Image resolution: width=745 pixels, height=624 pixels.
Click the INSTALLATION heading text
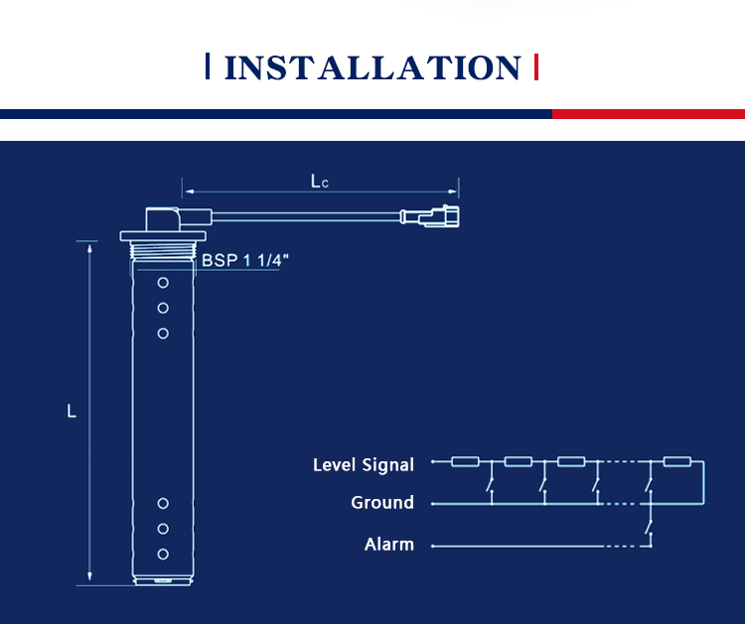372,67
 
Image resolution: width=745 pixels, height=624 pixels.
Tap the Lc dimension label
319,182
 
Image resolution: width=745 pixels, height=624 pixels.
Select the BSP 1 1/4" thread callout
245,260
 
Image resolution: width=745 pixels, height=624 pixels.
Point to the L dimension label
72,411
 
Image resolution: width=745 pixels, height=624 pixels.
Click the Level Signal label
363,464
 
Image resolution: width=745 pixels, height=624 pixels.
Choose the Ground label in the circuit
382,503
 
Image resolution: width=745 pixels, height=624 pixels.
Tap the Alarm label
388,545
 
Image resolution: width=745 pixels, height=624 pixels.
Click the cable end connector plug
430,216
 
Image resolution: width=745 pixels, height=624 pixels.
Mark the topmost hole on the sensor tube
163,283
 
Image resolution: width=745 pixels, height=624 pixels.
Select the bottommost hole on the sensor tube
163,555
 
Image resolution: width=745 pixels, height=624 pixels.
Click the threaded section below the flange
163,250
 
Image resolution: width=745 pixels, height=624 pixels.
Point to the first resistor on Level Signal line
465,461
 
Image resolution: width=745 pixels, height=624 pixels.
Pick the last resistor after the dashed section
677,461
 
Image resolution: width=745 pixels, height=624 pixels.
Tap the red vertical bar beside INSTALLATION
536,66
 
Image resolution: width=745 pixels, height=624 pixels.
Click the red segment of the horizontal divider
649,114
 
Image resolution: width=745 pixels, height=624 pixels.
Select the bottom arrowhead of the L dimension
89,576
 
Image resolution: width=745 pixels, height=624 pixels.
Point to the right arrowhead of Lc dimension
453,191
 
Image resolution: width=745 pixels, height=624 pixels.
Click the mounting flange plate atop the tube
163,236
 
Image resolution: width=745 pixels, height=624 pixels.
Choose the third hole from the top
163,333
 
